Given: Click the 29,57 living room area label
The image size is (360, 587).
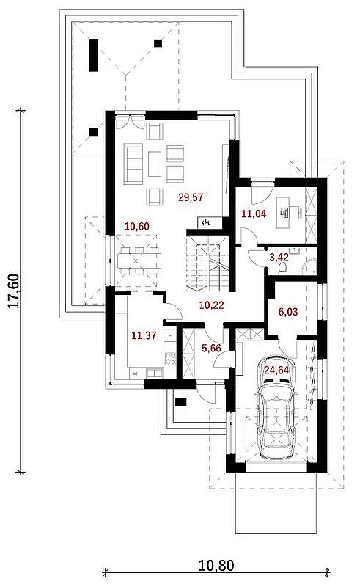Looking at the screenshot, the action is point(191,197).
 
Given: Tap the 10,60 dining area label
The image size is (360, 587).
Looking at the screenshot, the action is point(137,227).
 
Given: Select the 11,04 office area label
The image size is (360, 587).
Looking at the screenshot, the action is point(254,214).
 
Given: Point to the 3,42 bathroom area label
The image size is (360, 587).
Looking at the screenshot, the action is point(279,258).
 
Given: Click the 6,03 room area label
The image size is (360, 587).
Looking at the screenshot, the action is point(288,311).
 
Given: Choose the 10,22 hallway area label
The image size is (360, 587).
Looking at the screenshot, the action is point(211,305).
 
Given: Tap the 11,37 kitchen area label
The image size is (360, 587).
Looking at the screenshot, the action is point(144,335).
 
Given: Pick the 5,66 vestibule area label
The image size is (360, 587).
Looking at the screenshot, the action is point(211,348).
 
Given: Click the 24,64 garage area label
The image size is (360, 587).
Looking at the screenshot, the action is point(276,371).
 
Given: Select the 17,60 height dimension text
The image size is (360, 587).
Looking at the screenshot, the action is point(14,291).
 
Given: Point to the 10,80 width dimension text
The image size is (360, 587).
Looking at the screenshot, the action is point(216,566).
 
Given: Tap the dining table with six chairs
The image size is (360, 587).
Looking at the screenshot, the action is point(139,260).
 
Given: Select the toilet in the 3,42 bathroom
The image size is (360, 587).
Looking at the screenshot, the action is point(283,268).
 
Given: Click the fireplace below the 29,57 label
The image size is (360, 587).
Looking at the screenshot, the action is point(207,222).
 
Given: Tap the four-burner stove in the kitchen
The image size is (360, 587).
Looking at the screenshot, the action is point(170,359).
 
